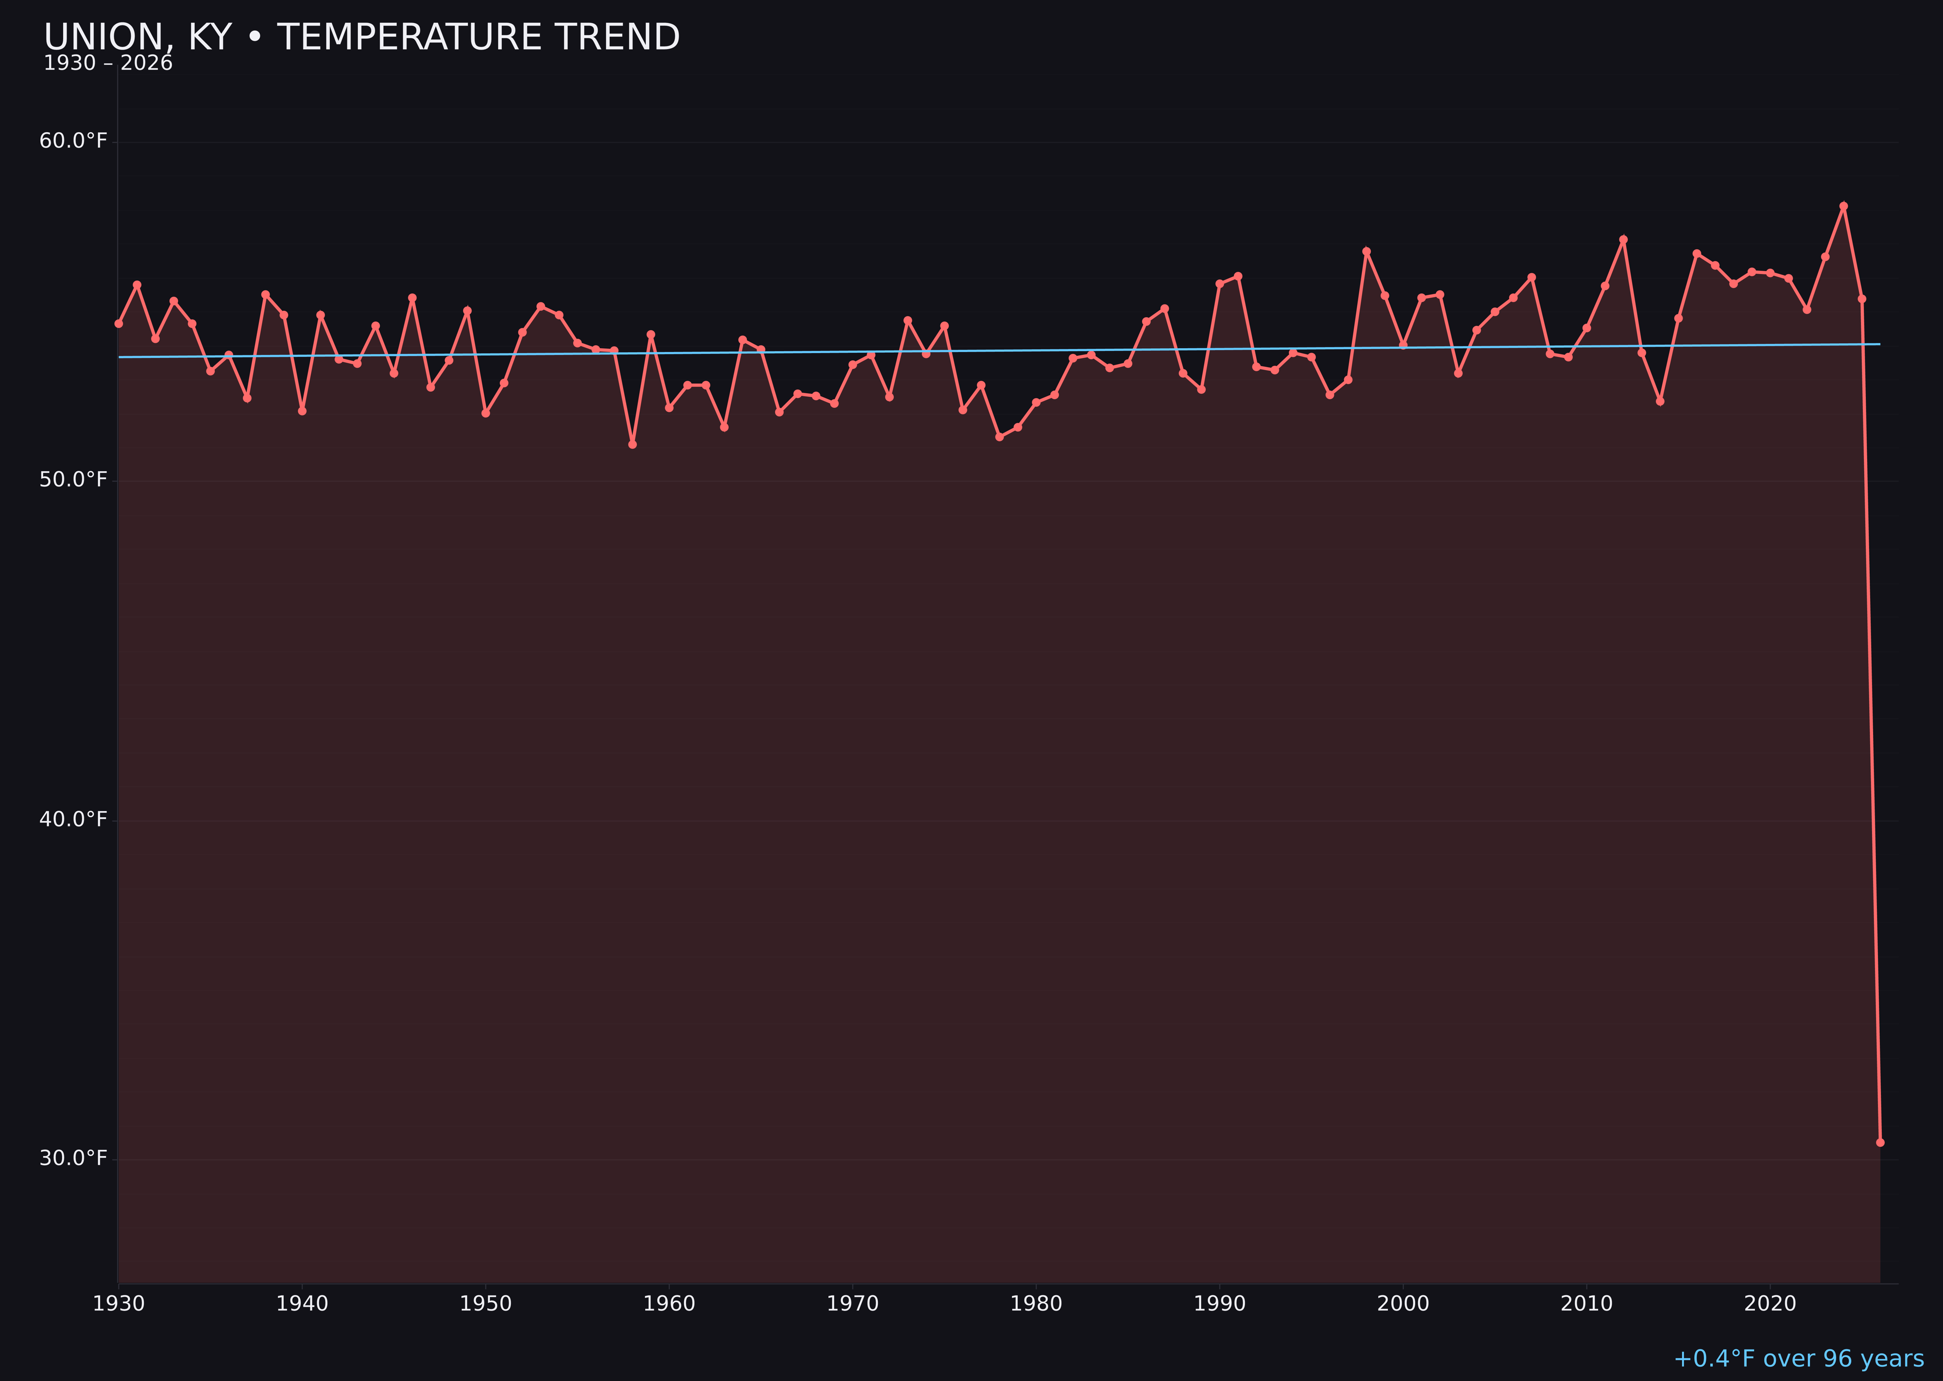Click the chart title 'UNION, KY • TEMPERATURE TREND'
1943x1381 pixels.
point(361,37)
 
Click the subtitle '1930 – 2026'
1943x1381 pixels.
point(108,64)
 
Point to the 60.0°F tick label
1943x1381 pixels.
point(73,140)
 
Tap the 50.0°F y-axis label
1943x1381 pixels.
point(73,480)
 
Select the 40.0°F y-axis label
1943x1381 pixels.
point(73,819)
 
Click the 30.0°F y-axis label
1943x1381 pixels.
point(73,1158)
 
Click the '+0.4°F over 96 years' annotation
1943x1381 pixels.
point(1798,1359)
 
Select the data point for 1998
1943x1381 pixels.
point(1366,252)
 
